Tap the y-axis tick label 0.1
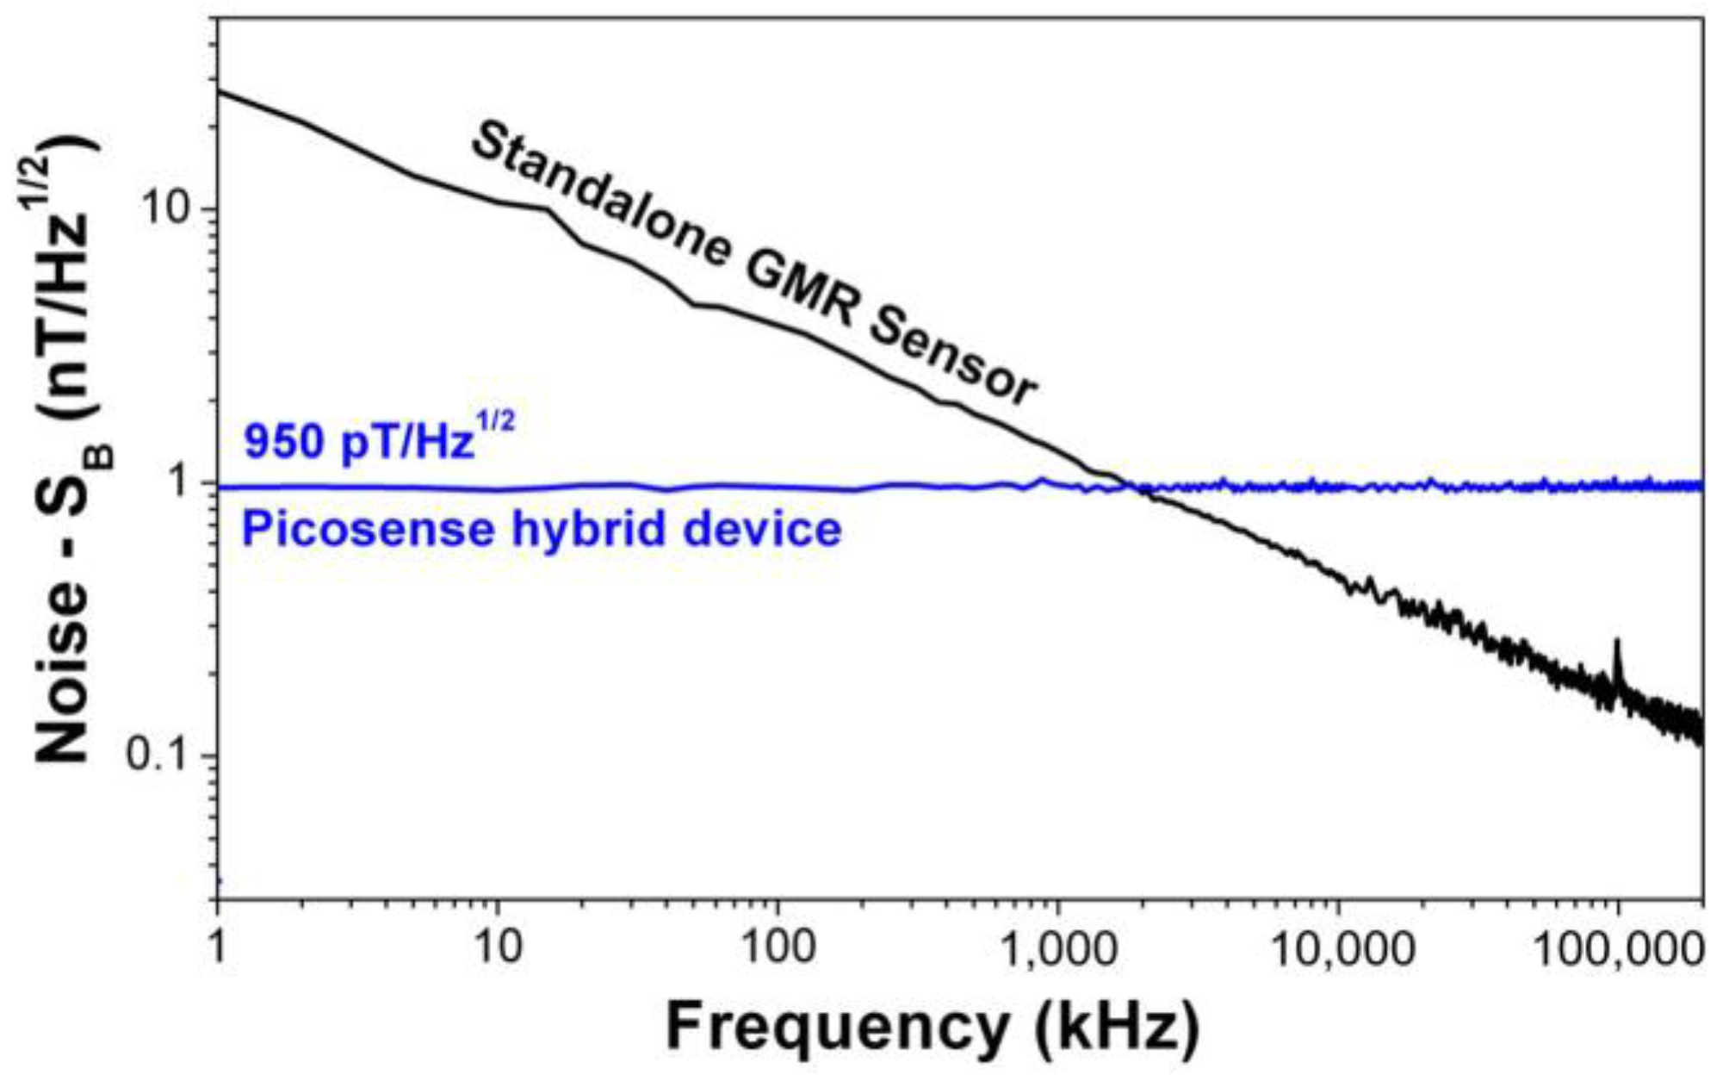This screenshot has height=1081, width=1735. (x=157, y=755)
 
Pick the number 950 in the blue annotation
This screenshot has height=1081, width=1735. (x=284, y=442)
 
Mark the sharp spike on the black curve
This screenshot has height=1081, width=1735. (x=1617, y=642)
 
